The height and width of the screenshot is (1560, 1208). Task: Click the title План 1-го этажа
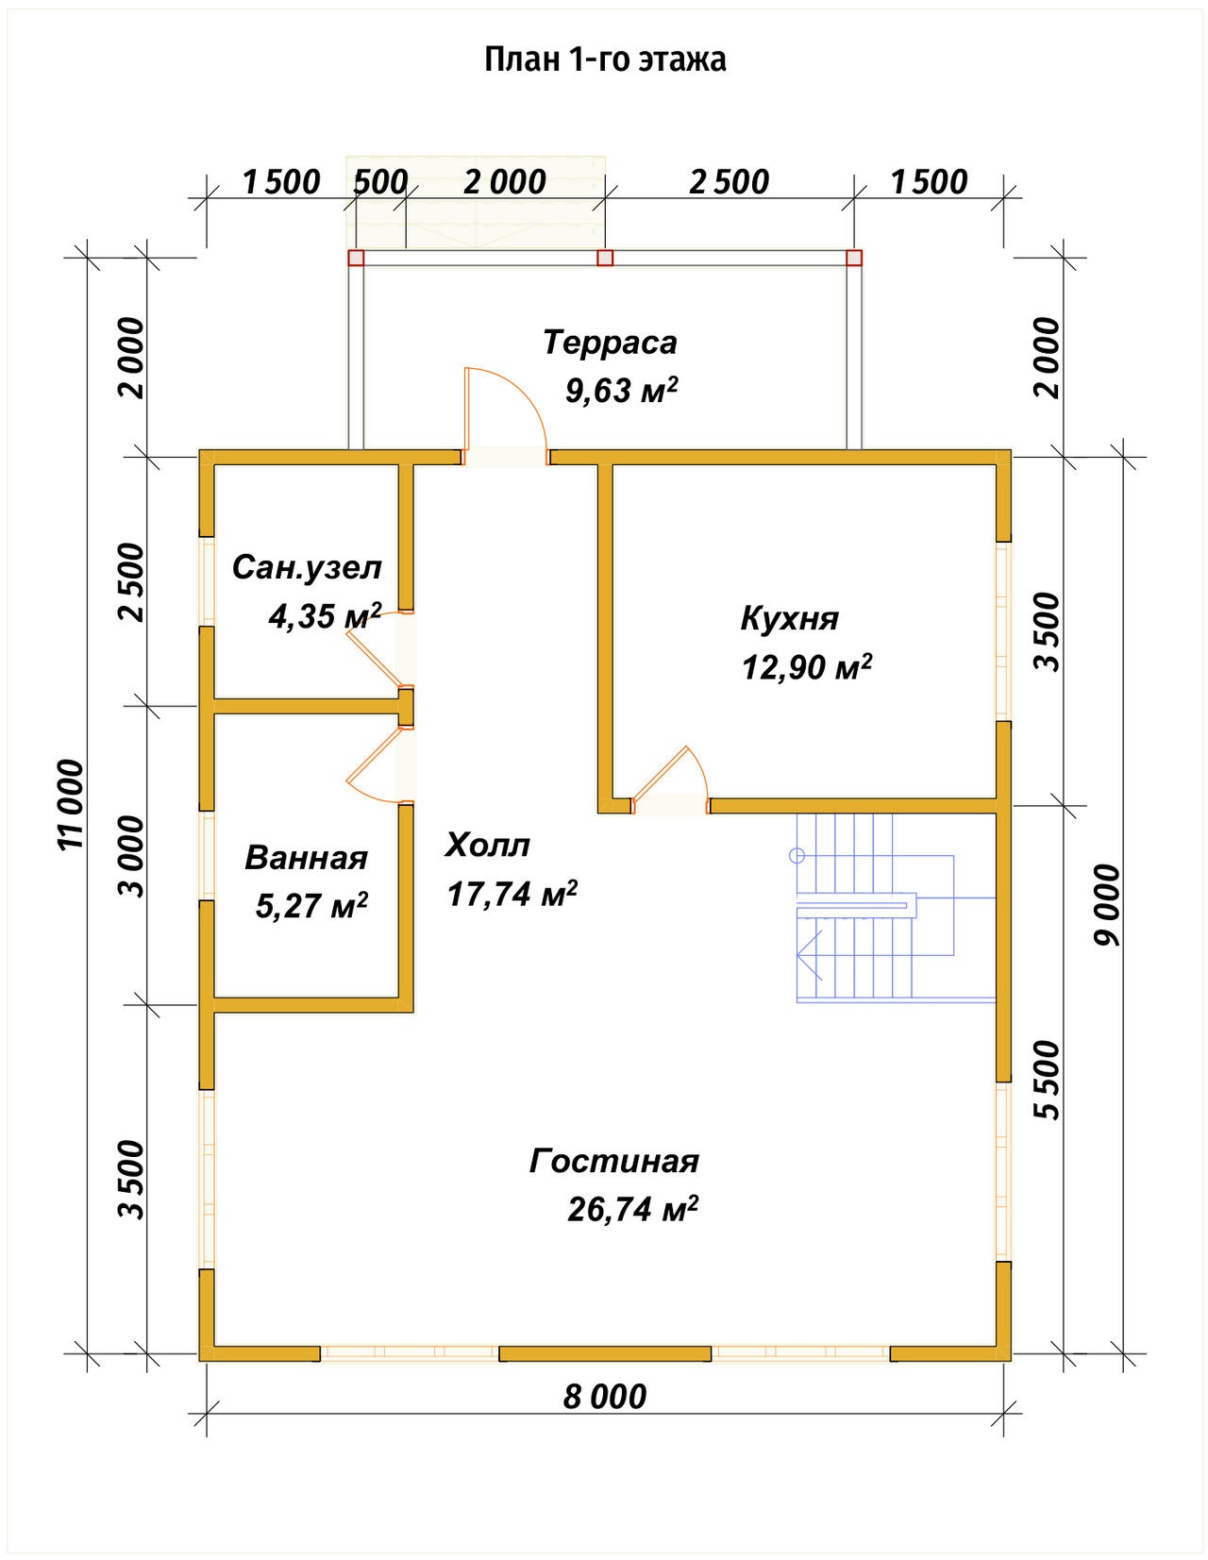(x=605, y=60)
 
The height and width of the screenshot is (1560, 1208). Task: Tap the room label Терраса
(x=610, y=343)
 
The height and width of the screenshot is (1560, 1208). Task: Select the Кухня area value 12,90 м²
(x=807, y=667)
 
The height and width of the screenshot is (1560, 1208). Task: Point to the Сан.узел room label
(x=307, y=568)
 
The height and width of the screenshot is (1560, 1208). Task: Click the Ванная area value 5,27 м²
(x=311, y=906)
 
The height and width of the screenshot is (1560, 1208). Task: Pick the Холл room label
(x=487, y=845)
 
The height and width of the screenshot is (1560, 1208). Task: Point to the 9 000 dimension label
(x=1108, y=904)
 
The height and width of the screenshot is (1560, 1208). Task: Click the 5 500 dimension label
(x=1048, y=1080)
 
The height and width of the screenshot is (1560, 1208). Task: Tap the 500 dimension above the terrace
(x=380, y=182)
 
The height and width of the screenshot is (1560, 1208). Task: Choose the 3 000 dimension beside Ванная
(x=131, y=857)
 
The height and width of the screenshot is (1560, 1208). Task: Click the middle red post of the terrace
(x=605, y=258)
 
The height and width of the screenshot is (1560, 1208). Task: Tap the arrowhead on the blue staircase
(x=808, y=956)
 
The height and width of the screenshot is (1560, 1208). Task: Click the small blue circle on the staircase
(x=797, y=856)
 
